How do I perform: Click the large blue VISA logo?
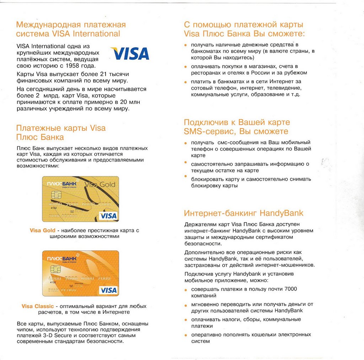(x=130, y=53)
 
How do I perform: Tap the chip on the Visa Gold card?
(x=56, y=195)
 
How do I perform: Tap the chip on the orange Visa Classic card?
(x=56, y=269)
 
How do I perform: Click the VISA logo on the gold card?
(x=108, y=216)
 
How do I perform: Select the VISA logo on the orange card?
(x=108, y=290)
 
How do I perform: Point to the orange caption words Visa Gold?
(x=43, y=231)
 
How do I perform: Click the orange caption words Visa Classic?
(x=38, y=306)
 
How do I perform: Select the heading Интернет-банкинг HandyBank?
(x=243, y=213)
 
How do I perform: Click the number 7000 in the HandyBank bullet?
(x=290, y=289)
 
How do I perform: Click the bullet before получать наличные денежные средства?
(x=185, y=45)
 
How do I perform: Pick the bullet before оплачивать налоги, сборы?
(x=185, y=320)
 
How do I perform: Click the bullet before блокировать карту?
(x=185, y=176)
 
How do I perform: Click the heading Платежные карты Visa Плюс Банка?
(x=61, y=132)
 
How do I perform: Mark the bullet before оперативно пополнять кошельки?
(x=185, y=335)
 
